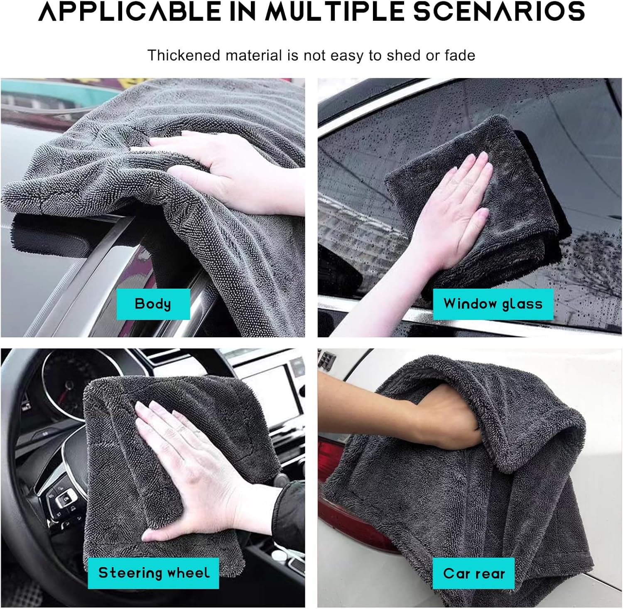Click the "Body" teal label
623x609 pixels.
point(153,304)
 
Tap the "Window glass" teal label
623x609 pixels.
point(493,304)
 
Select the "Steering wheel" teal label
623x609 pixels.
point(153,573)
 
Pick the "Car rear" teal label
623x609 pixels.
point(473,573)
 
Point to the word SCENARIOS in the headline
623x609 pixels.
point(499,11)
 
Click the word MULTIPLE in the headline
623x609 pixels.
point(335,11)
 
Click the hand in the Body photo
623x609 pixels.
point(224,170)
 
